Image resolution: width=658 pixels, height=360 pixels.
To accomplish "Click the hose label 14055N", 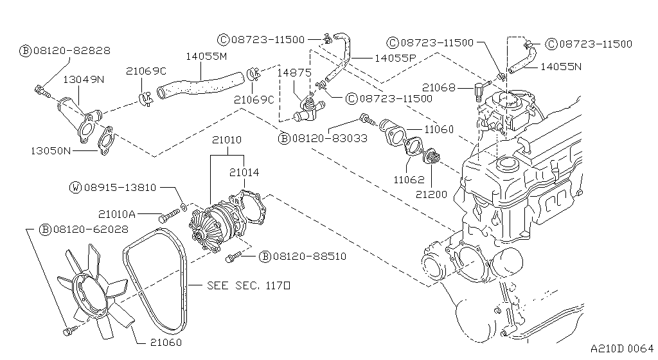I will pyautogui.click(x=560, y=66).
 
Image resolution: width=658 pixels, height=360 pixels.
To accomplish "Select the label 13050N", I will pyautogui.click(x=50, y=150).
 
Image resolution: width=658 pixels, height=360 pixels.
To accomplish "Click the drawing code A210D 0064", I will pyautogui.click(x=621, y=348).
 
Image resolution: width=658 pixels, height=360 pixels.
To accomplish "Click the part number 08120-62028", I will pyautogui.click(x=81, y=229).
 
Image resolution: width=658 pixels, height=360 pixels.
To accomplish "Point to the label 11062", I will pyautogui.click(x=409, y=180).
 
